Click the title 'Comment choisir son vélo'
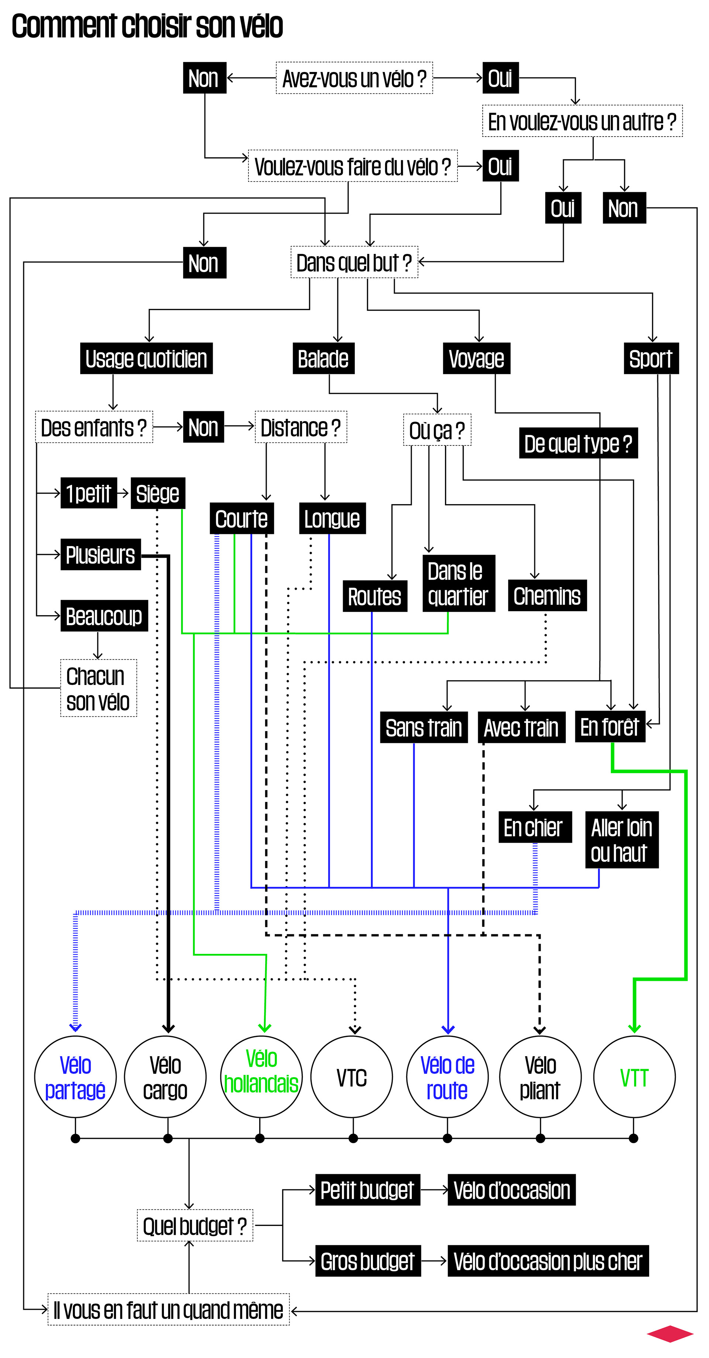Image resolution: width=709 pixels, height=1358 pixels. (147, 26)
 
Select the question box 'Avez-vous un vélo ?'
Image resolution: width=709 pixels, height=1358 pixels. (354, 78)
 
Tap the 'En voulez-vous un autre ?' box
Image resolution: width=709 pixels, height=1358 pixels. (582, 121)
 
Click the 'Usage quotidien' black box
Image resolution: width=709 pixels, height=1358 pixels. (146, 358)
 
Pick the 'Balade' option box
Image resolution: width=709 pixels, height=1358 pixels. (323, 358)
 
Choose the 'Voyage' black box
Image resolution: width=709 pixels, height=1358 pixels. (476, 358)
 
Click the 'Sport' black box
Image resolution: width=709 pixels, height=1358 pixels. (651, 358)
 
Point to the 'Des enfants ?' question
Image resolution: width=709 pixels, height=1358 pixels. (94, 427)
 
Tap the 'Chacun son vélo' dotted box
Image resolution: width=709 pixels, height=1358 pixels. (99, 688)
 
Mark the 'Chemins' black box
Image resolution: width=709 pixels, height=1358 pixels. (547, 596)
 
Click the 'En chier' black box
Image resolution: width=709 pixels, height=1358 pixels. (535, 827)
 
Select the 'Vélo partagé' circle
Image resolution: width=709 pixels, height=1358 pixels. (75, 1077)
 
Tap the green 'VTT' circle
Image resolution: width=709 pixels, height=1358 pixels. (635, 1077)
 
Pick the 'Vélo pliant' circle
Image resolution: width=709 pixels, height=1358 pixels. (540, 1077)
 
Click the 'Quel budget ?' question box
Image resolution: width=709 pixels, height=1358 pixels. (195, 1226)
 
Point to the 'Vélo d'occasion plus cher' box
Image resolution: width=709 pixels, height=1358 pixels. (548, 1261)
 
